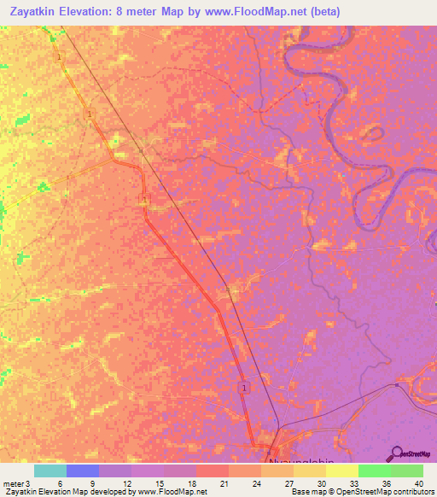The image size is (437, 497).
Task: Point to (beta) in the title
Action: point(319,12)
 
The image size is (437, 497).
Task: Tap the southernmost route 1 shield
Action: point(244,388)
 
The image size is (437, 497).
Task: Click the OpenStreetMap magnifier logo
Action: point(399,453)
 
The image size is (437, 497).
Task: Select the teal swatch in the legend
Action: point(50,471)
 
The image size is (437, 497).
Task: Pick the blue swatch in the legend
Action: point(83,471)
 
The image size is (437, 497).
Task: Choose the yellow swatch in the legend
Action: point(342,471)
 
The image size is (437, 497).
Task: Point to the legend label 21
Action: point(201,483)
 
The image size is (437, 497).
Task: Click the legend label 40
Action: point(417,483)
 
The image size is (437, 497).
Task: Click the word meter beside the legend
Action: point(12,483)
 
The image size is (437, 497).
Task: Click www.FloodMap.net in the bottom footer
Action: point(171,493)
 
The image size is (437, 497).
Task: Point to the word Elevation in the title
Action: point(89,12)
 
